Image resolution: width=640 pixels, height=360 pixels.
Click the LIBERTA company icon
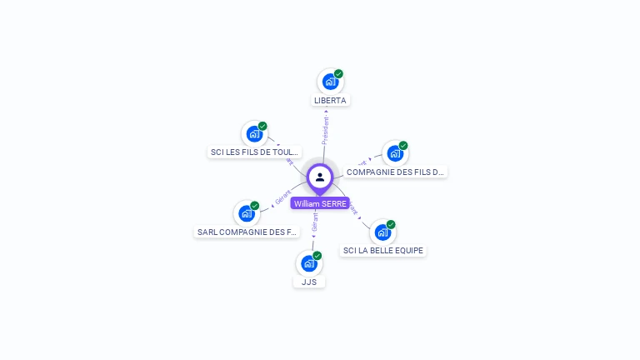click(330, 82)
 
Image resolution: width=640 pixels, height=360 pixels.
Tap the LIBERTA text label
click(330, 101)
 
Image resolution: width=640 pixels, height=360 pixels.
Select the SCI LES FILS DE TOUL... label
click(254, 152)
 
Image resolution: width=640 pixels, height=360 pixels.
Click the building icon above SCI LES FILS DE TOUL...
click(253, 134)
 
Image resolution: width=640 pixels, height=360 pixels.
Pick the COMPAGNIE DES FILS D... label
click(396, 172)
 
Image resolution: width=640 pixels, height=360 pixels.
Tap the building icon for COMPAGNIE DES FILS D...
click(394, 153)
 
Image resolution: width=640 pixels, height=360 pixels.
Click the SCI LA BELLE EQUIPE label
click(383, 250)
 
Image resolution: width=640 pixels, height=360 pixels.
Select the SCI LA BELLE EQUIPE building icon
click(382, 232)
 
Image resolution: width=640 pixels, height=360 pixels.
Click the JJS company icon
click(308, 263)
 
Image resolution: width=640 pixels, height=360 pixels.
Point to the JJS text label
click(309, 282)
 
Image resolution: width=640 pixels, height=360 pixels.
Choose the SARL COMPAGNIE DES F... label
click(247, 232)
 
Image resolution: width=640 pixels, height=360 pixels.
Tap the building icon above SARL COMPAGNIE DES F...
click(246, 213)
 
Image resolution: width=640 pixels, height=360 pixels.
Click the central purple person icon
click(320, 177)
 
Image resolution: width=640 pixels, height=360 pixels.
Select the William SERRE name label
click(320, 203)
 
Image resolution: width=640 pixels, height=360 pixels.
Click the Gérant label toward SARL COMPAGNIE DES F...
click(282, 198)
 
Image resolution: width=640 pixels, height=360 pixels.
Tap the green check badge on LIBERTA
click(338, 73)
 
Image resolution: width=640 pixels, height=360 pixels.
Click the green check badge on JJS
click(317, 255)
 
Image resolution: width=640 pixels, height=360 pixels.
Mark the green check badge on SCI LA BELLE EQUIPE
click(390, 224)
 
